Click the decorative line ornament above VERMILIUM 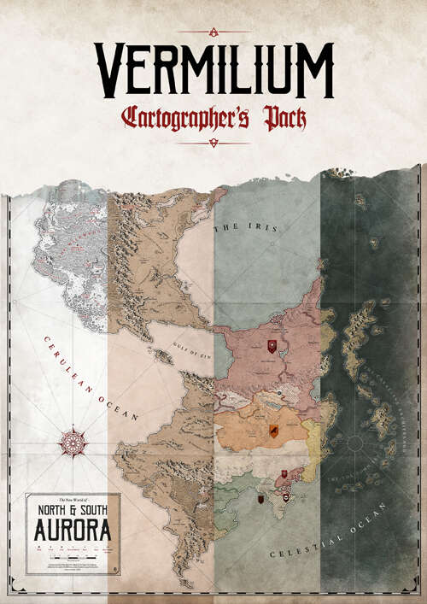(213, 32)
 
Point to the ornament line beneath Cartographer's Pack (213, 143)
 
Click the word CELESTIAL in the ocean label (303, 547)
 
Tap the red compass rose (73, 443)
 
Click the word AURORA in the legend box (73, 531)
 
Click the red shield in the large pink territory (272, 345)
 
